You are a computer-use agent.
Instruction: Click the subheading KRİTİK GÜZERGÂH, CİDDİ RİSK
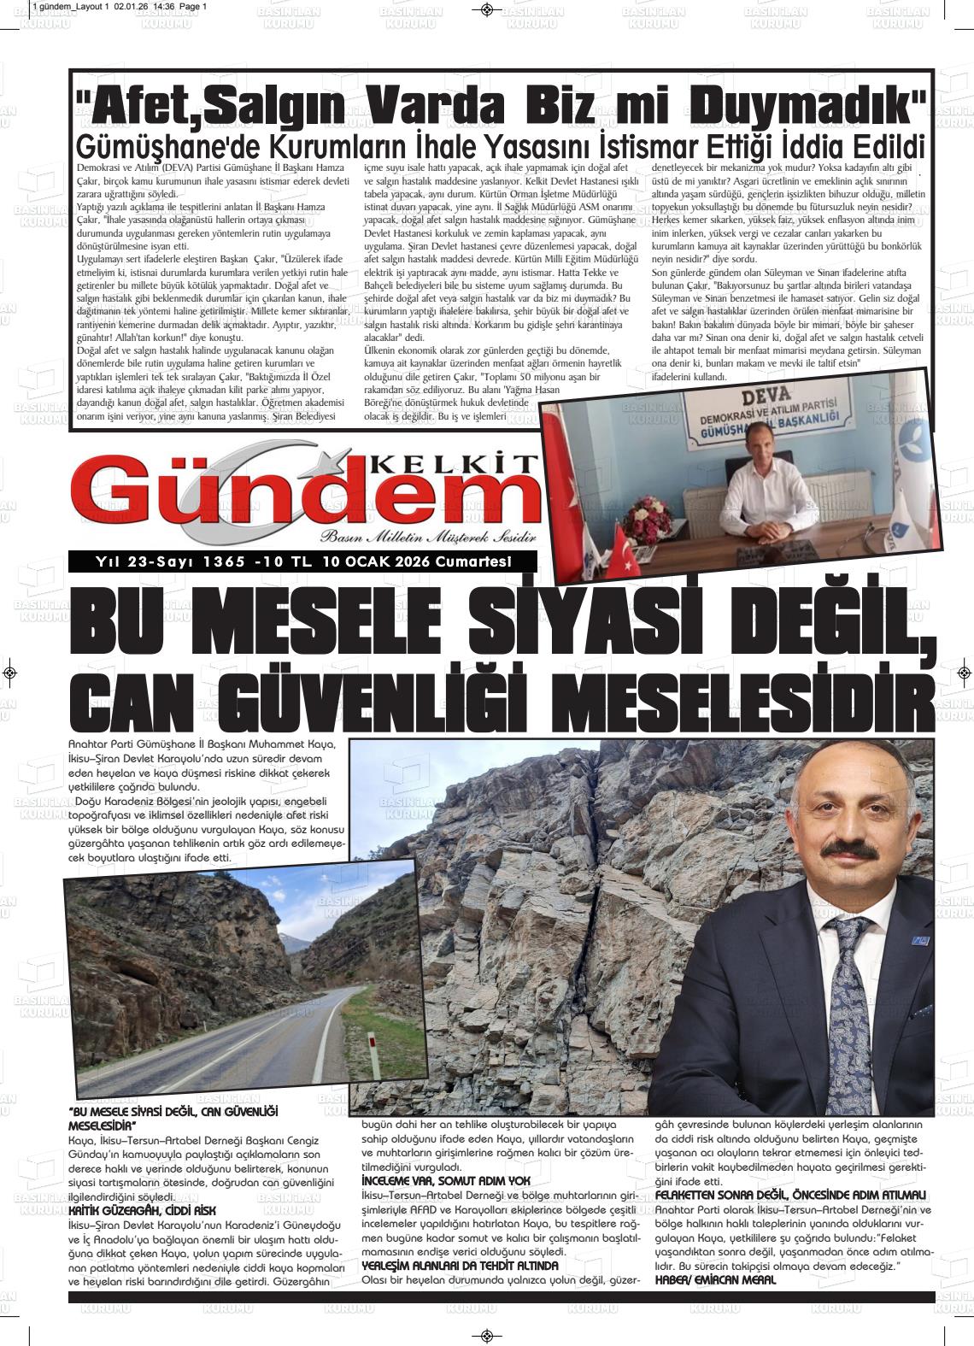142,1211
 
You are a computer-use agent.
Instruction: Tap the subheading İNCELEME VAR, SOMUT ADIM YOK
446,1180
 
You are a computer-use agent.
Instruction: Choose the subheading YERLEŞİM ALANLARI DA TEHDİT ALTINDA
461,1264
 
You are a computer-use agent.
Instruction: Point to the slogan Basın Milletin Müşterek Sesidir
427,537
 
